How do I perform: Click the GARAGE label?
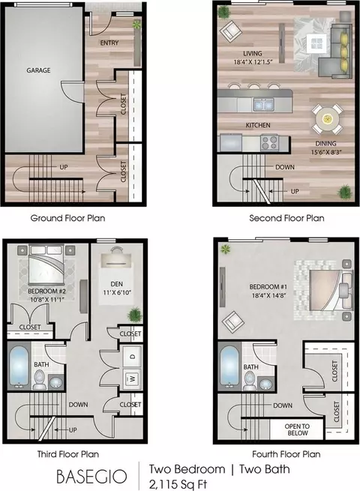[38, 70]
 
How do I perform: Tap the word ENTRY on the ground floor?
[109, 43]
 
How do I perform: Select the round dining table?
[327, 119]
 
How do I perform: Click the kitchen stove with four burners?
[269, 142]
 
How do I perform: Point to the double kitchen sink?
[264, 105]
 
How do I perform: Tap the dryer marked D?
[133, 356]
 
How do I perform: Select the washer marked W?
[133, 379]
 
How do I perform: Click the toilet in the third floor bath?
[40, 379]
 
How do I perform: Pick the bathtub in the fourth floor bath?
[230, 367]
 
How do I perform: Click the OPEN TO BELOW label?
[297, 430]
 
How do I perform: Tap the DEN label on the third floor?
[116, 284]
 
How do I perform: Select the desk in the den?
[116, 259]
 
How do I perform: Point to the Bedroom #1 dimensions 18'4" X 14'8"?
[268, 295]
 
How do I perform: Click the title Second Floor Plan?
[286, 218]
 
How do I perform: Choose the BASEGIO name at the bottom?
[91, 476]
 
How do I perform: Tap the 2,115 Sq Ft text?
[178, 484]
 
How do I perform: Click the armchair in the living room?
[230, 31]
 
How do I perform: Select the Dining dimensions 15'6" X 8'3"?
[325, 152]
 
